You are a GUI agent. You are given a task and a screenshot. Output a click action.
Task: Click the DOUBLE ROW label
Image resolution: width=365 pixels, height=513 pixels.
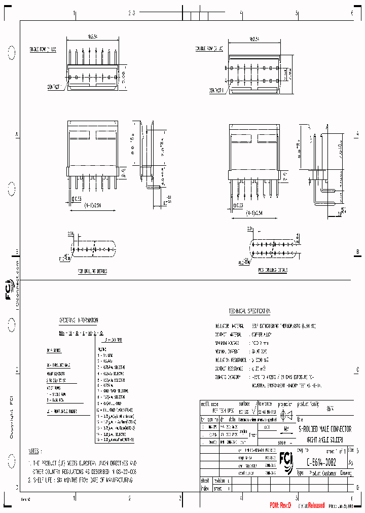pos(209,49)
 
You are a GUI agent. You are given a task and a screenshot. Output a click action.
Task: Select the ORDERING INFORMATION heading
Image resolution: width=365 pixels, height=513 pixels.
pos(79,320)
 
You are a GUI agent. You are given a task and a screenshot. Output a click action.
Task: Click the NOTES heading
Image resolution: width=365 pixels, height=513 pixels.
pos(34,450)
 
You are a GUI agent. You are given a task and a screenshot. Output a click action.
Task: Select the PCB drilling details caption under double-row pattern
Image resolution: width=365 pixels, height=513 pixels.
pos(273,271)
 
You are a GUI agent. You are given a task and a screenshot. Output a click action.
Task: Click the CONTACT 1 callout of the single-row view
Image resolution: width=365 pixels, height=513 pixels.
pos(54,87)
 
